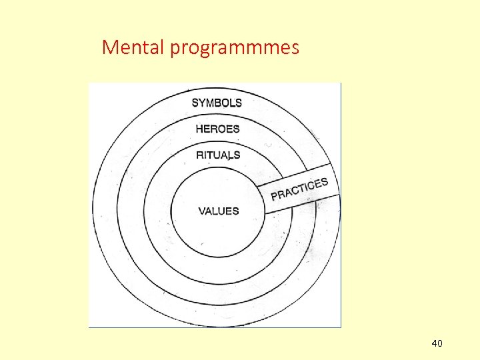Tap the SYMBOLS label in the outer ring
click(217, 103)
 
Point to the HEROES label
click(217, 129)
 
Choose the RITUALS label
click(218, 155)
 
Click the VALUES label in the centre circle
click(218, 211)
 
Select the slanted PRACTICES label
click(299, 189)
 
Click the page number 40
click(437, 343)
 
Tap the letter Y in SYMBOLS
click(202, 103)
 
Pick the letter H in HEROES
click(199, 129)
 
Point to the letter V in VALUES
click(202, 211)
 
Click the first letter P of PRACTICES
click(274, 196)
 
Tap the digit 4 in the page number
click(434, 343)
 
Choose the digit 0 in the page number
click(440, 343)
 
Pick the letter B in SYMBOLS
click(219, 103)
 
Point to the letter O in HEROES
click(223, 129)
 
